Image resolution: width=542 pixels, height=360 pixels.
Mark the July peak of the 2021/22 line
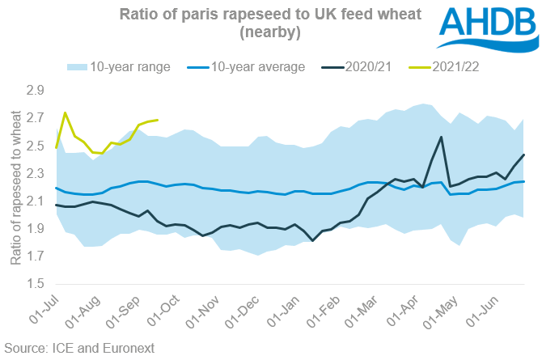coord(65,113)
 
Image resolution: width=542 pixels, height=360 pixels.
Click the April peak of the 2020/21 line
coord(441,138)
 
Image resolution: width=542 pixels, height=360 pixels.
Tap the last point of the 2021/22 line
coord(157,120)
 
